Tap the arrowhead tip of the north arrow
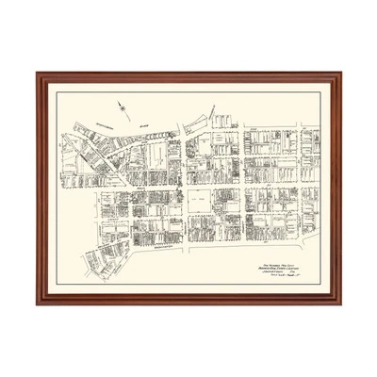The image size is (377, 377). point(120,102)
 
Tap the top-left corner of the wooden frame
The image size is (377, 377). point(38,74)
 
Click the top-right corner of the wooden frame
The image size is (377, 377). point(341,74)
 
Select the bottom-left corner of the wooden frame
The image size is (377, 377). point(38,303)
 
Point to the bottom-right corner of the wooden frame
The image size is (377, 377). point(341,303)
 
